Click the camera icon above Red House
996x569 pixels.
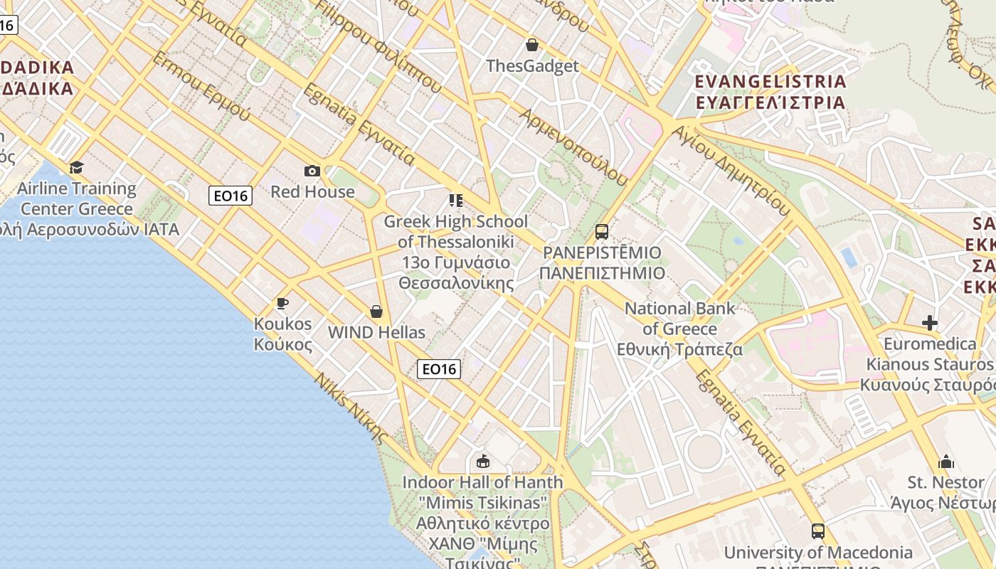pyautogui.click(x=312, y=171)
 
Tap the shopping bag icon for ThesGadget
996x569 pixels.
pyautogui.click(x=531, y=46)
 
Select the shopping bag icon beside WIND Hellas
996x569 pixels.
pyautogui.click(x=376, y=312)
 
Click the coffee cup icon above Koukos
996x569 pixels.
pyautogui.click(x=282, y=304)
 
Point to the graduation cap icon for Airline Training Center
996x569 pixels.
pyautogui.click(x=76, y=167)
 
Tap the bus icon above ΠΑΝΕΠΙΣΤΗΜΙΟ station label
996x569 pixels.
pyautogui.click(x=602, y=231)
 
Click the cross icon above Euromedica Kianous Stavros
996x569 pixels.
pyautogui.click(x=929, y=324)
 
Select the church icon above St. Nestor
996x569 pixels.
pyautogui.click(x=945, y=462)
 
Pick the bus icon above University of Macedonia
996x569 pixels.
pyautogui.click(x=818, y=531)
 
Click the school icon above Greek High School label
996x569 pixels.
pyautogui.click(x=455, y=201)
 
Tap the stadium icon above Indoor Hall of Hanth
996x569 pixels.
pyautogui.click(x=483, y=462)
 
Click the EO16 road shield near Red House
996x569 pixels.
pyautogui.click(x=231, y=196)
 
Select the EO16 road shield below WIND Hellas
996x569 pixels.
pyautogui.click(x=439, y=368)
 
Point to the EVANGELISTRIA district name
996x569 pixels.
pyautogui.click(x=770, y=81)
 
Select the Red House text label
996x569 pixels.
pyautogui.click(x=312, y=191)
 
